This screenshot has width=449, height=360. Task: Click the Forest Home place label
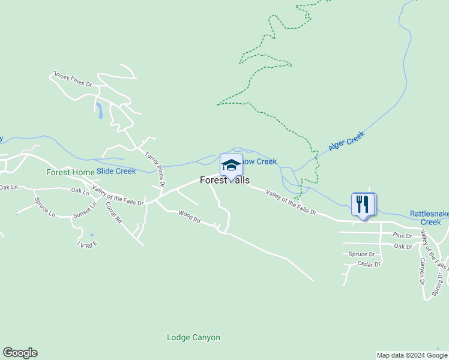(70, 172)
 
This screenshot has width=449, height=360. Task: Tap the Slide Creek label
(116, 171)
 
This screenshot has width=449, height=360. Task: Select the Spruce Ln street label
(44, 207)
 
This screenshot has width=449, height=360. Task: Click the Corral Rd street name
(113, 213)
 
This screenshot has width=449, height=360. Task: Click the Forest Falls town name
(224, 180)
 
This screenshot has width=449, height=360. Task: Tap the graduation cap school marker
(231, 165)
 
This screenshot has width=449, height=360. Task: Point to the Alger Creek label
(346, 142)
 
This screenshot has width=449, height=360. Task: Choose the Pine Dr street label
(402, 235)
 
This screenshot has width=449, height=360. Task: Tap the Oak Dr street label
(403, 246)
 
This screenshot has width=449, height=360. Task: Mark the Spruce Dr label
(362, 254)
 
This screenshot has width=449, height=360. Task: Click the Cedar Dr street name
(369, 263)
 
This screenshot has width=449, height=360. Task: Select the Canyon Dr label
(423, 271)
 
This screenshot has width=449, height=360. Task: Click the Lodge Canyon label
(193, 337)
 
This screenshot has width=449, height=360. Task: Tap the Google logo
(20, 353)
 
